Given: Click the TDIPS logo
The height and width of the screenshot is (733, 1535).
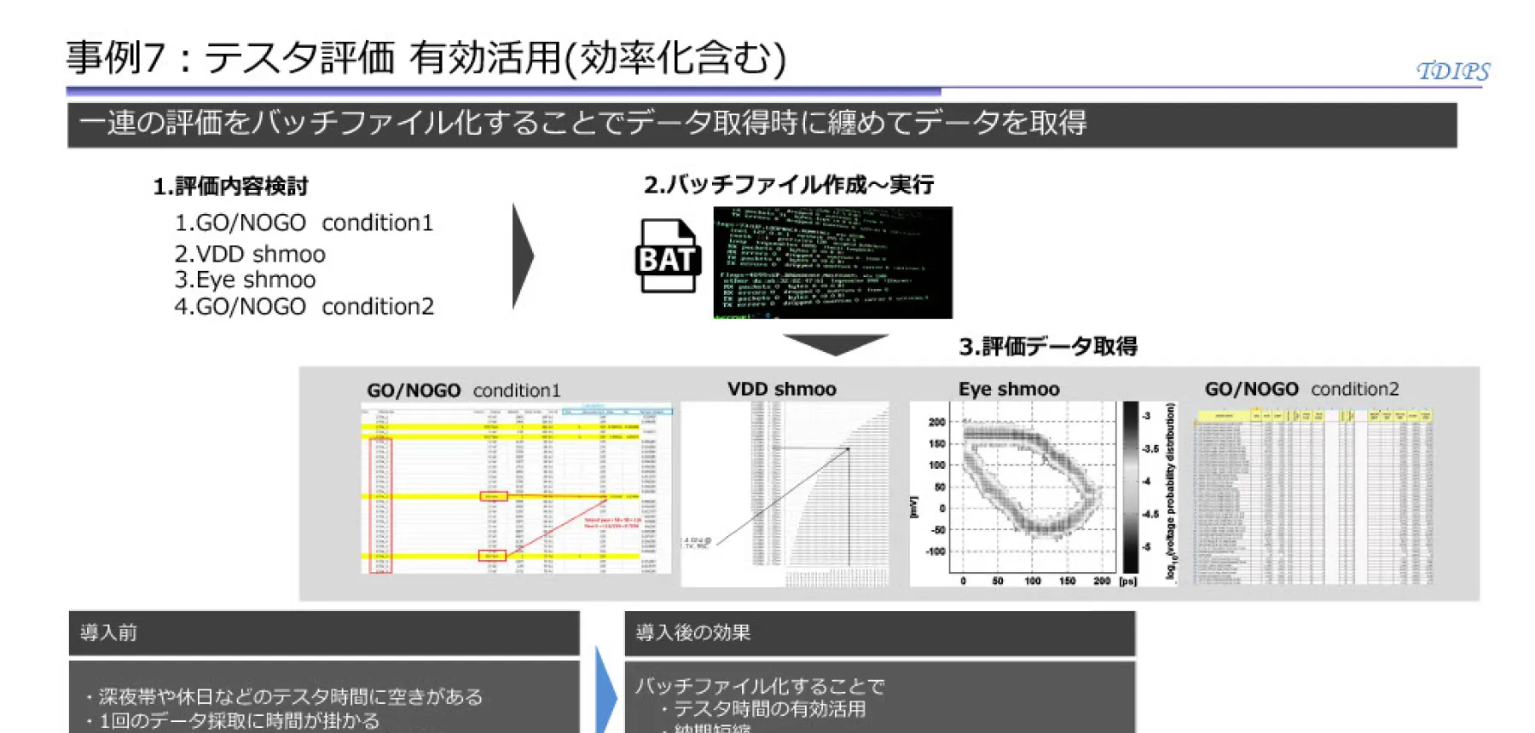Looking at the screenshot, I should coord(1452,71).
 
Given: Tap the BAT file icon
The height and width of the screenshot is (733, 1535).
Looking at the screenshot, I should coord(668,257).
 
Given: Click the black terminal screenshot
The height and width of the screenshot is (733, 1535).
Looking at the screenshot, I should coord(832,263).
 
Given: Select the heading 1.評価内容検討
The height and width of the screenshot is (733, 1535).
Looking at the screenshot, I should coord(230,186).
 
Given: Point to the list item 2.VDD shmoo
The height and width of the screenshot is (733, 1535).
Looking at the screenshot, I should coord(250,254).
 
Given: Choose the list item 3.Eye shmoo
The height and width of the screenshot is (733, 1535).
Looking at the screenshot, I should coord(245,280).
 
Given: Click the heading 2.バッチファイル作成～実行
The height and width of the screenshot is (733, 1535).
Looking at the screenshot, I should coord(789,185).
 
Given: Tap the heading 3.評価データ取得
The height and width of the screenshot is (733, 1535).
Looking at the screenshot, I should coord(1048,346).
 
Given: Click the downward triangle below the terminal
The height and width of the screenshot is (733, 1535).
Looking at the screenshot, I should coord(836,343).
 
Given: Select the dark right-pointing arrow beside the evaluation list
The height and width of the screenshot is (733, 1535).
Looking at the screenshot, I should coord(522,256).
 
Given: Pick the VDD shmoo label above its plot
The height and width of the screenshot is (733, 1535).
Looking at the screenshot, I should coord(781,390).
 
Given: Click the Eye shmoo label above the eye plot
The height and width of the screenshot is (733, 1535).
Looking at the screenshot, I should coord(1009,390).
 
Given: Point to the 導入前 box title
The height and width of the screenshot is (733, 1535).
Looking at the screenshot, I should coord(108,632).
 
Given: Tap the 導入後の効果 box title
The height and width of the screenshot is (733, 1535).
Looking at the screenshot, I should coord(692,632).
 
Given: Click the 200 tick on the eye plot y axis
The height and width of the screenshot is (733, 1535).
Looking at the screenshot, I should coord(936,422).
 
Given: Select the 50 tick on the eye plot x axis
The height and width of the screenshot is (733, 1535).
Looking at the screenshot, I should coord(997,581).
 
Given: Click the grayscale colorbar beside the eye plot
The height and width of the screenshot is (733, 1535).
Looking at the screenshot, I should coord(1130,488).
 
